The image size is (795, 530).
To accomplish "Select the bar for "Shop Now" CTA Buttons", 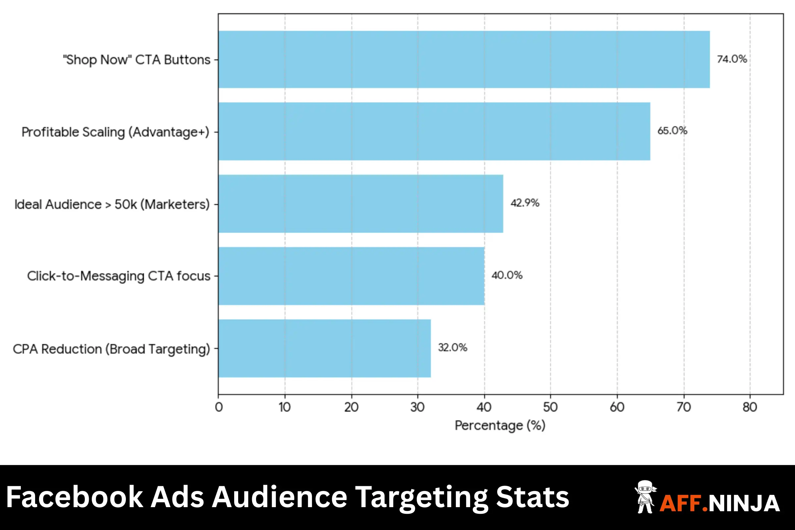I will (464, 60).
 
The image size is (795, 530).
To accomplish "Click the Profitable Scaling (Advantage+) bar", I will (434, 131).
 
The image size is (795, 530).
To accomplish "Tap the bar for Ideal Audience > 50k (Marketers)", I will (360, 203).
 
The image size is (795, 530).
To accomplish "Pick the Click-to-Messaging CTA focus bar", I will (351, 276).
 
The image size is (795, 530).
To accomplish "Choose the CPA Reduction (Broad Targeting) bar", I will (324, 348).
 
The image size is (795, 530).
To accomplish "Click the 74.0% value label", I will (732, 59).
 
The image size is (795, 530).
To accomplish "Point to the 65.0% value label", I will (672, 131).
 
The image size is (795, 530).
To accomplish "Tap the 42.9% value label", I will (525, 203).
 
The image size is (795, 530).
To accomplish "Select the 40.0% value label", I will (507, 276).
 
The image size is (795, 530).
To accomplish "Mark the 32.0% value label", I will (452, 347).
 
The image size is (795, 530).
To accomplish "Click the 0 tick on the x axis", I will (219, 407).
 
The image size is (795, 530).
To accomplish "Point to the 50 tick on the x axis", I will (550, 407).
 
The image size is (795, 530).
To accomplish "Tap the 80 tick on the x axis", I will (750, 407).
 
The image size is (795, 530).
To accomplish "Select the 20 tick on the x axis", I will (351, 407).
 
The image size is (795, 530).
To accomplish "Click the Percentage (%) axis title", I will (500, 426).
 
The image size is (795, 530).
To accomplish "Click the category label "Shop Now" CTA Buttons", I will (136, 60).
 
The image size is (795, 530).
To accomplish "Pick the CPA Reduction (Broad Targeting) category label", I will (112, 349).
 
